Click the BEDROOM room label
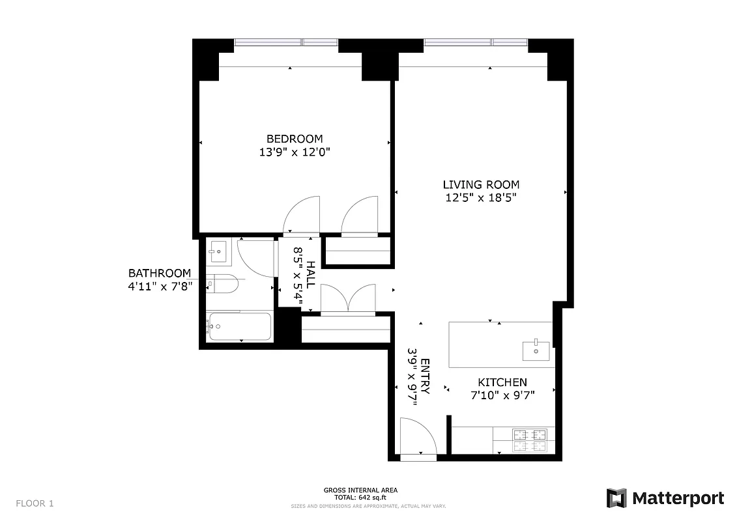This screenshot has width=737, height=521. coord(294,139)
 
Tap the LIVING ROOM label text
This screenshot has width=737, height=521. coord(481,184)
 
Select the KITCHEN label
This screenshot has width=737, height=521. coord(502,382)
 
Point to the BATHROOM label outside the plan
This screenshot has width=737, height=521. coord(160,274)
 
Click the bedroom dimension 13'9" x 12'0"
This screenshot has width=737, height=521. coord(294,152)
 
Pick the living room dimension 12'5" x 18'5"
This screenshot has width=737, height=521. coord(481,198)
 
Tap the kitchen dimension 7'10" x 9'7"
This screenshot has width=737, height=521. coord(502,395)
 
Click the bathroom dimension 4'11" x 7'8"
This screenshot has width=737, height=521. coord(160,287)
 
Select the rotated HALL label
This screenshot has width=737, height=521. coord(311,274)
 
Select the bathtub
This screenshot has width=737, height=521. coord(238,326)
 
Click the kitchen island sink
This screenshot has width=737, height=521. coord(536,350)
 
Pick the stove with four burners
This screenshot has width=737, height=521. coord(529,440)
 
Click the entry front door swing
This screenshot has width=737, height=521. coord(417,437)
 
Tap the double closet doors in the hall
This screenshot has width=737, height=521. coord(349,299)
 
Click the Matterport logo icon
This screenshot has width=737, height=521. coord(616,499)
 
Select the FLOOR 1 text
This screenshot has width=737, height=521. coord(35,503)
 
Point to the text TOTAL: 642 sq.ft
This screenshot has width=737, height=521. coord(361,498)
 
